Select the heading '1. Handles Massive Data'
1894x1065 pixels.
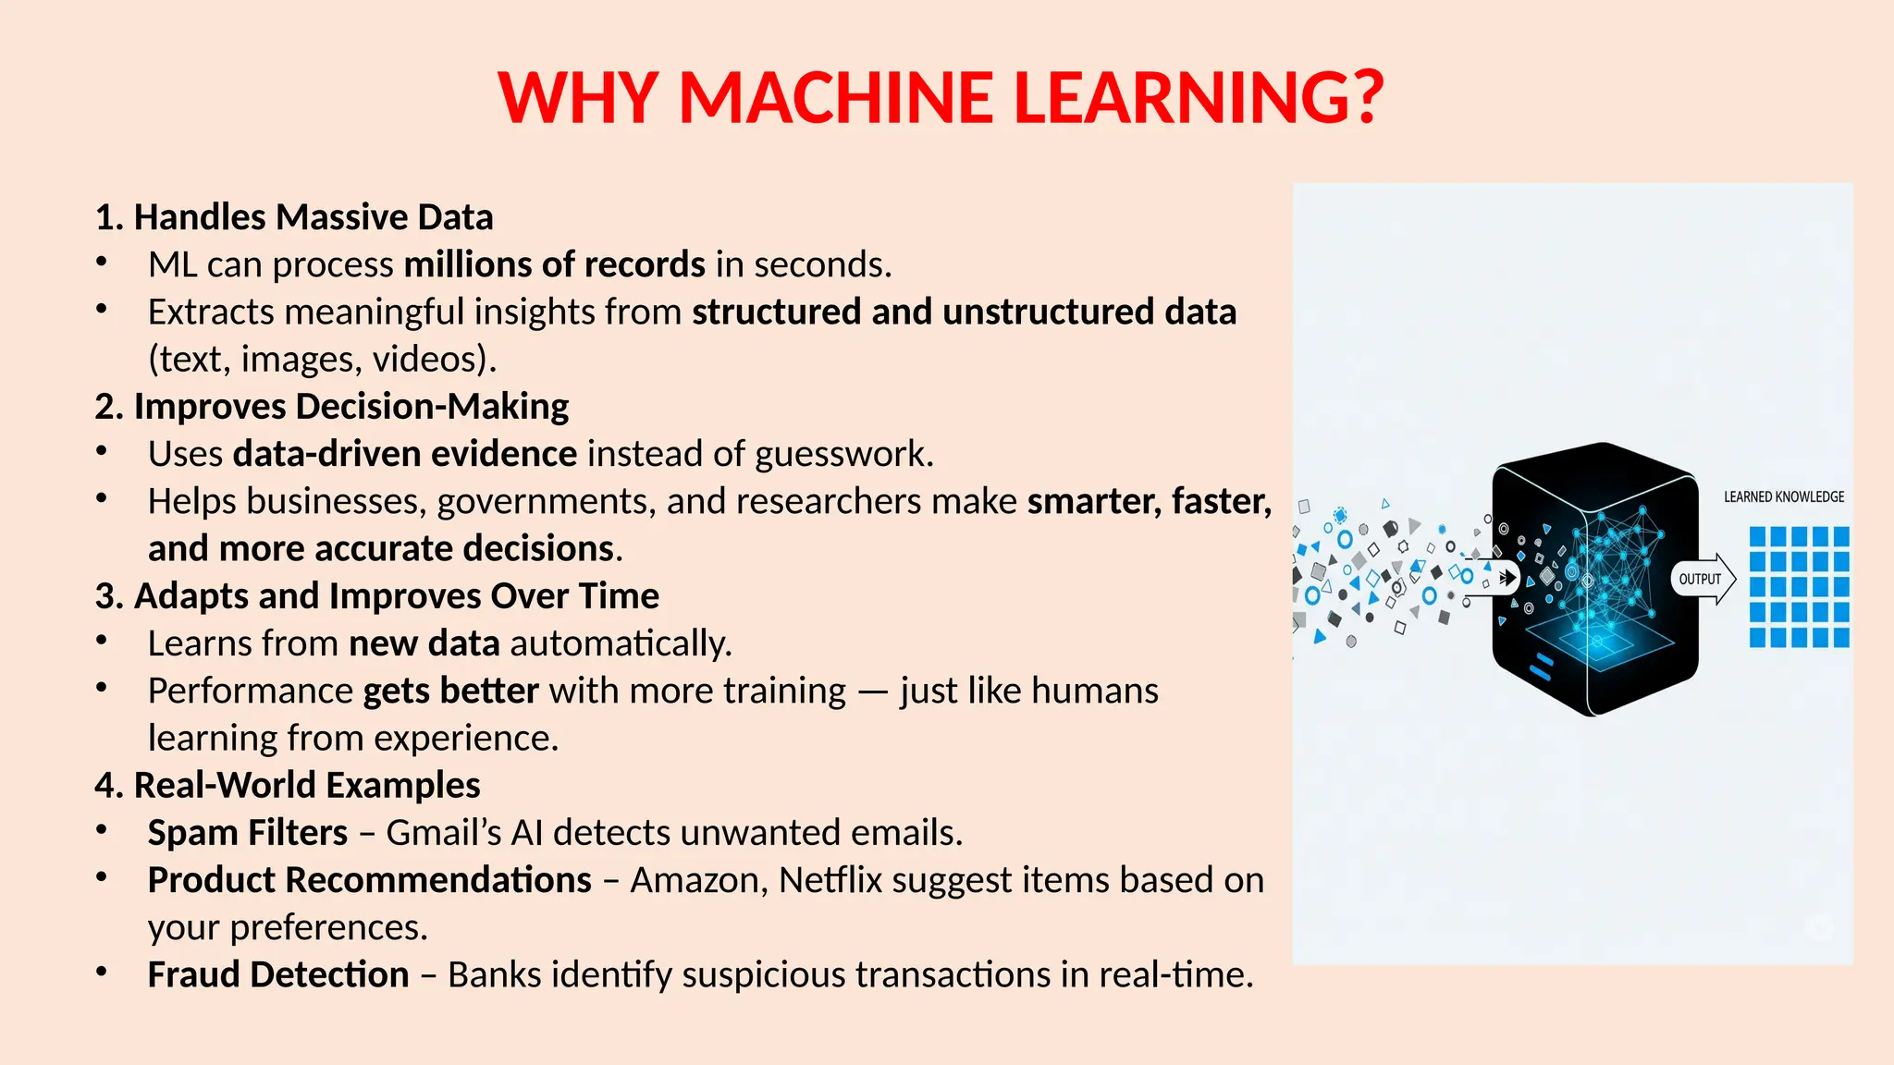tap(294, 217)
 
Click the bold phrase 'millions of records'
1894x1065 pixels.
tap(555, 265)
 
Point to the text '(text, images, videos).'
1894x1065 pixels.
tap(322, 360)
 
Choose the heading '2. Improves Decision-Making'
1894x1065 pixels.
tap(332, 407)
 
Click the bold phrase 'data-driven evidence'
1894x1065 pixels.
tap(405, 454)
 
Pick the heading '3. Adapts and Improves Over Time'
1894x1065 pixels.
tap(377, 596)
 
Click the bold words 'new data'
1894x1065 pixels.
tap(424, 643)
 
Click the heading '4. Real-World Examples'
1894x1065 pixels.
tap(288, 786)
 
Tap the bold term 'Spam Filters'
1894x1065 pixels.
tap(248, 833)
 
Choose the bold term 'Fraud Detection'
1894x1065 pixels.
tap(278, 975)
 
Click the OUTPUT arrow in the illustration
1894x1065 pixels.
tap(1703, 580)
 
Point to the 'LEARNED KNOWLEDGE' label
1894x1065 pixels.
tap(1784, 497)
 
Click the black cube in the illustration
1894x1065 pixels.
tap(1594, 579)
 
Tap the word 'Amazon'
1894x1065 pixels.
tap(697, 880)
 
